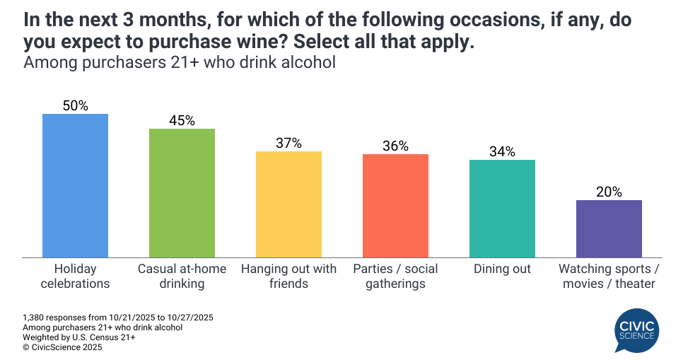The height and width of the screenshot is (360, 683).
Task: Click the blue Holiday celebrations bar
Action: point(75,185)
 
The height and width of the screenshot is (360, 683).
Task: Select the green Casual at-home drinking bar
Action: point(182,192)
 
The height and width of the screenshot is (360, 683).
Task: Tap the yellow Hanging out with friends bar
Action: point(288,204)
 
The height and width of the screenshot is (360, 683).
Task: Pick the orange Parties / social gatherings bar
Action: point(395,205)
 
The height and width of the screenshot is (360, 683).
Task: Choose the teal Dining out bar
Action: point(502,208)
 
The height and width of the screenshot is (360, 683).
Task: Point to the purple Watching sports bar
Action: point(609,228)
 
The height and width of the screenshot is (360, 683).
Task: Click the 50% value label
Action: point(75,105)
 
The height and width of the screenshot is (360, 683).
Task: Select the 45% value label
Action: point(182,120)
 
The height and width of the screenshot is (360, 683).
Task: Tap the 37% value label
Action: point(288,143)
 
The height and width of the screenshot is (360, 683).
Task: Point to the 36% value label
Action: point(395,146)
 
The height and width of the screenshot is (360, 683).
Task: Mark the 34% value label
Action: point(502,151)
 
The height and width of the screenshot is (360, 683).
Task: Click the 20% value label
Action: point(609,192)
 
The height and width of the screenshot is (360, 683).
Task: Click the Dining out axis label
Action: point(502,269)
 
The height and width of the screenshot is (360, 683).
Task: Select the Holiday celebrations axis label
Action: point(75,277)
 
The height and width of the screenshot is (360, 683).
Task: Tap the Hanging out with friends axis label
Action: point(288,277)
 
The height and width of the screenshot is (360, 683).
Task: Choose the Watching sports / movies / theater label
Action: point(609,277)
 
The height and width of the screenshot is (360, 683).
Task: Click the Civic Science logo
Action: point(637,330)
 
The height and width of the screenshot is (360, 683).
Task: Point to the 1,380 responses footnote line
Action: point(118,318)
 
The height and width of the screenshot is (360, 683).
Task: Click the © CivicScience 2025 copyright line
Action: point(62,347)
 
